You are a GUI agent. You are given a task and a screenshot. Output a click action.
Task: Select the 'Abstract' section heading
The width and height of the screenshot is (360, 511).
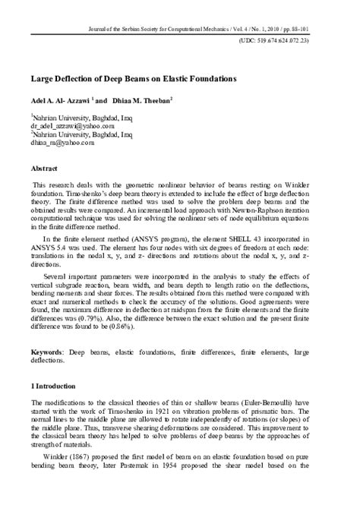tap(45, 166)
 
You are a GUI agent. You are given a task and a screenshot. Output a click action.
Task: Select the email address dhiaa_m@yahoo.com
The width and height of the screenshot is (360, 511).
tap(62, 142)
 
